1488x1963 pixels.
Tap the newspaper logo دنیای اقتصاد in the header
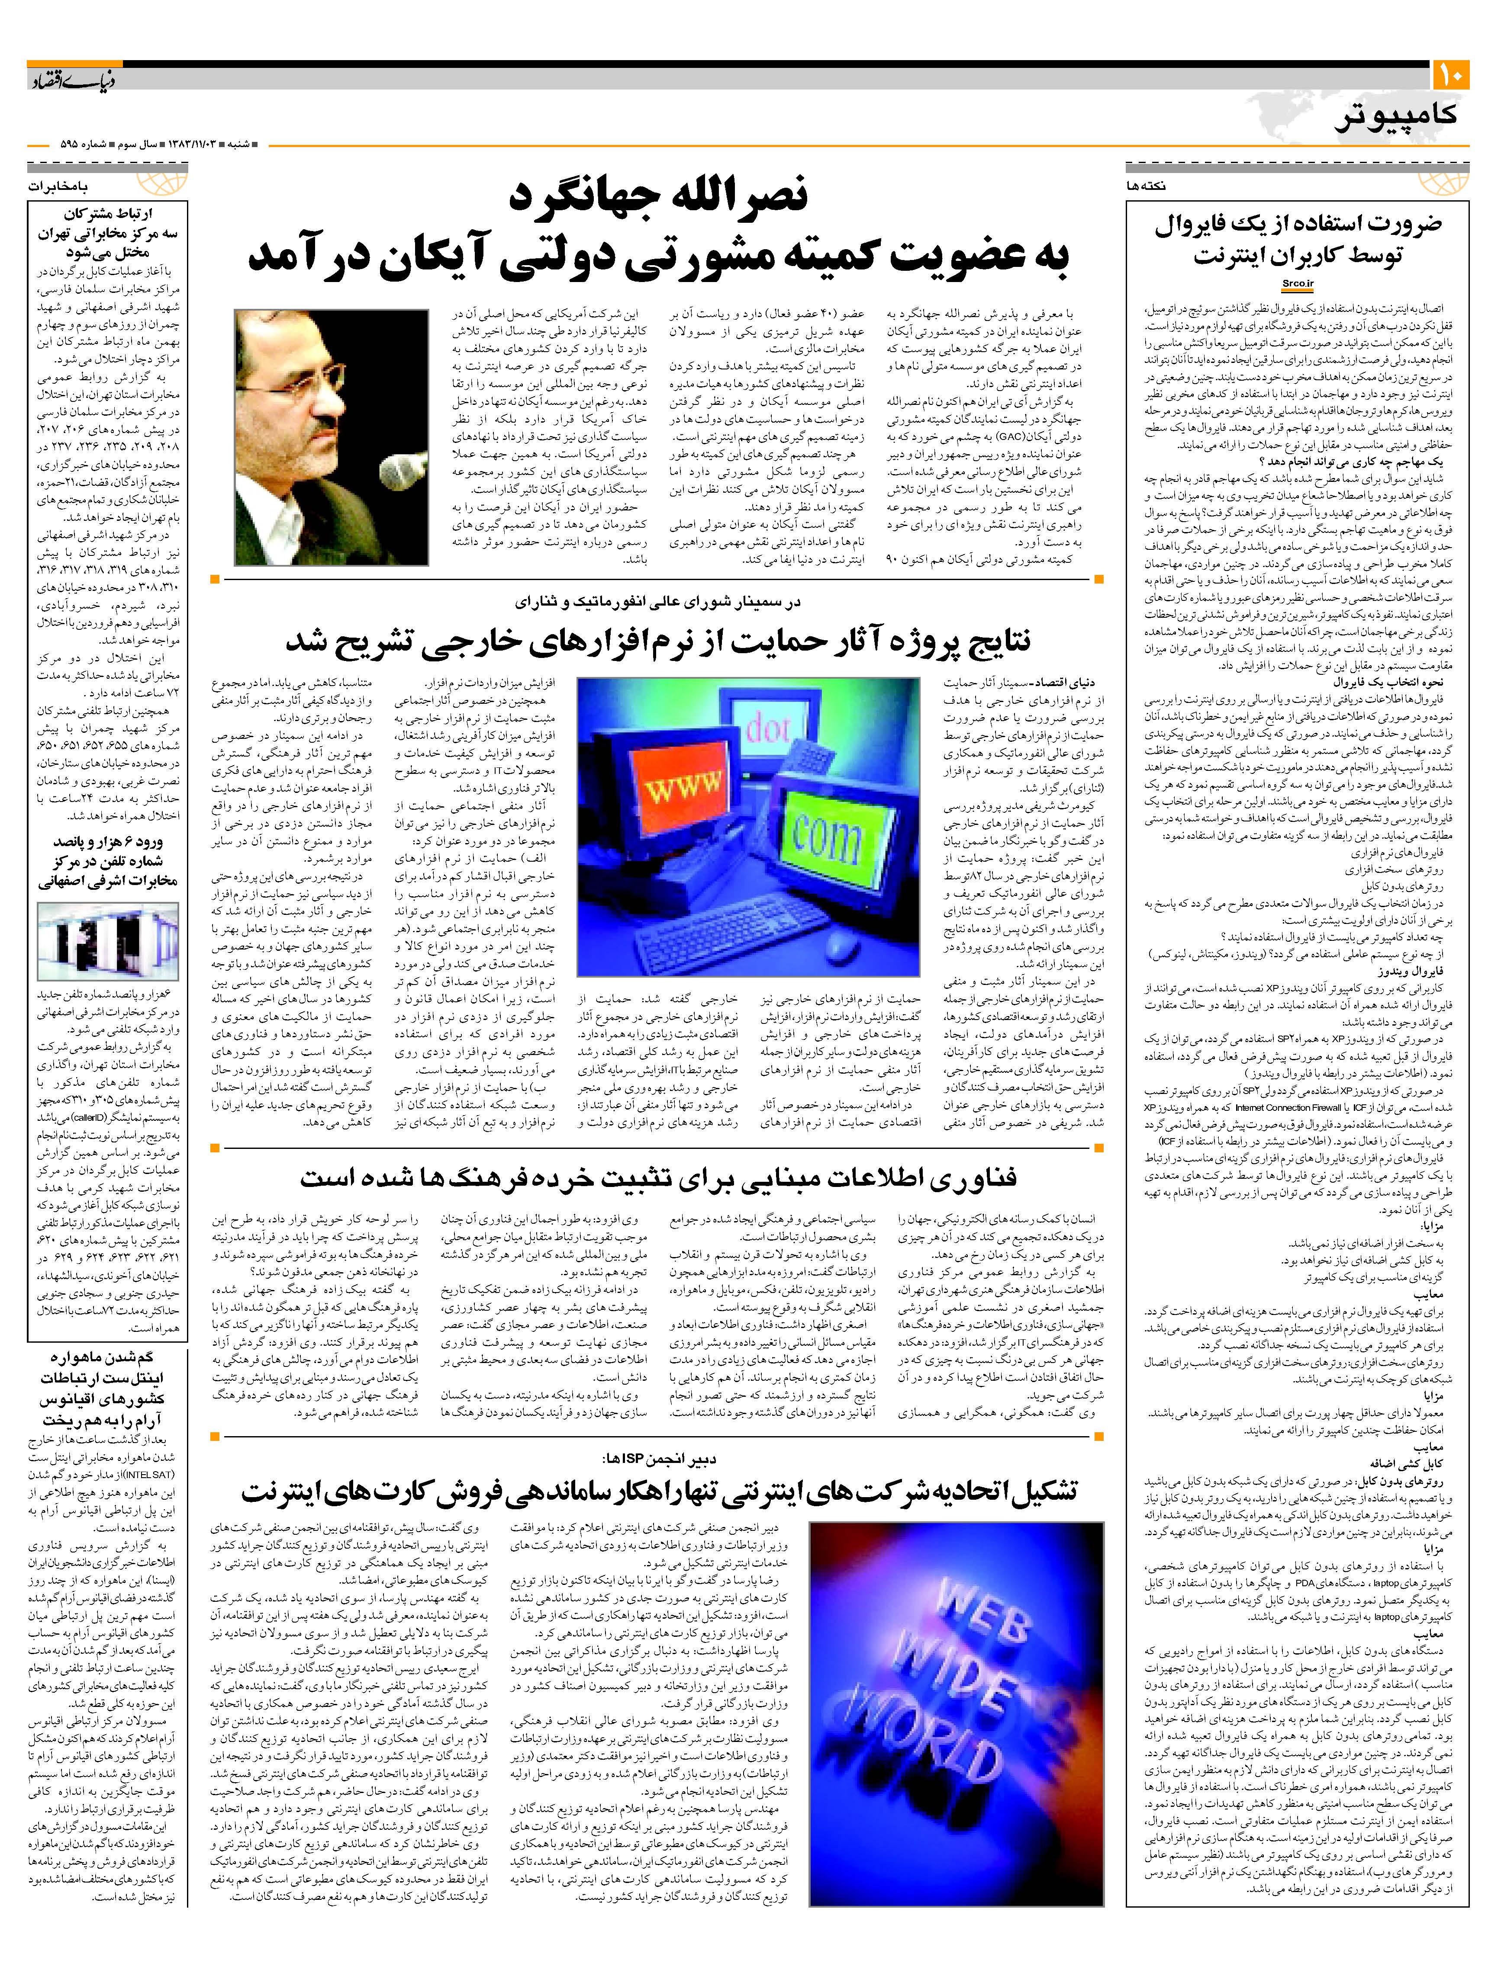(71, 82)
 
